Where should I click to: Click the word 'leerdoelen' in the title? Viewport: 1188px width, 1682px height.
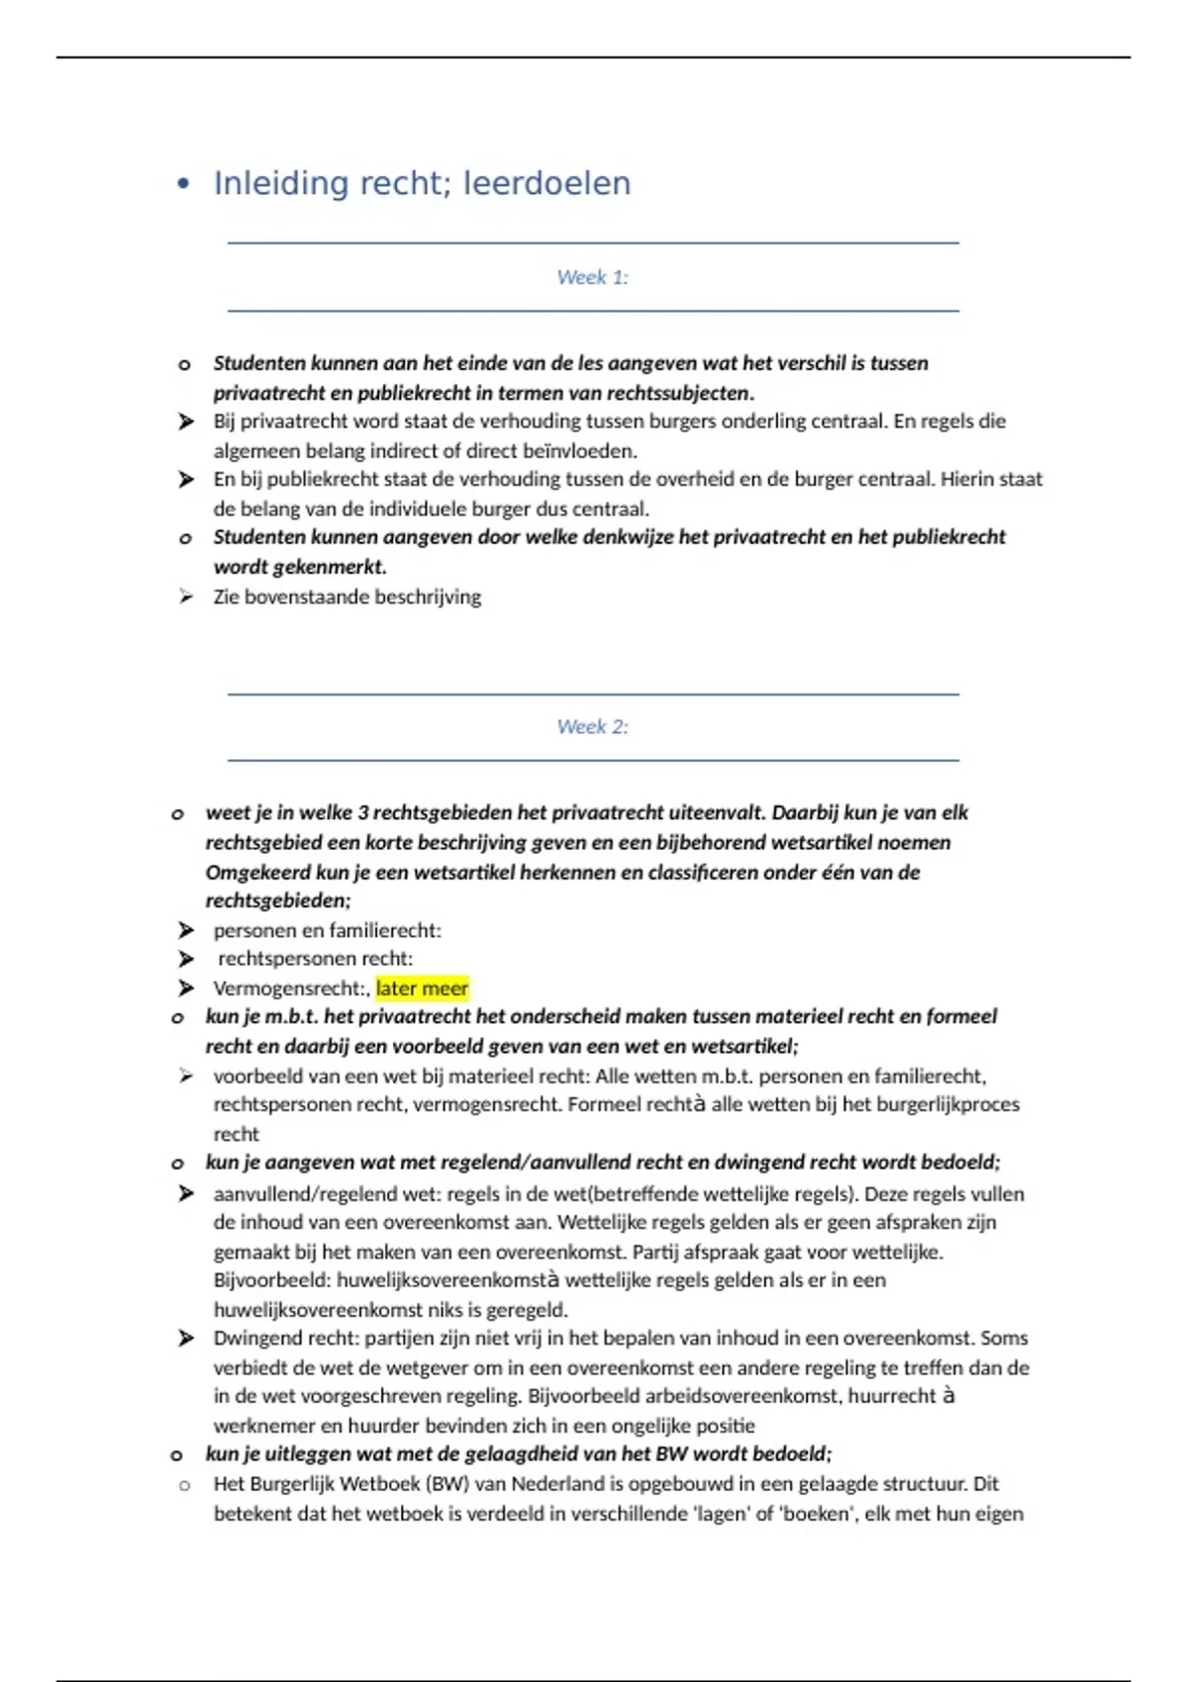[x=546, y=184]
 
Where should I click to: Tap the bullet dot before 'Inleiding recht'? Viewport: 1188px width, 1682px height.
[x=182, y=184]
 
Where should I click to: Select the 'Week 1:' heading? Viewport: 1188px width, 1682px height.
[x=592, y=277]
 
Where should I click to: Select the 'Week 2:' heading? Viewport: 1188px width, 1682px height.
[x=592, y=727]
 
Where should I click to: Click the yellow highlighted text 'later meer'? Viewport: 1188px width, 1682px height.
[x=422, y=988]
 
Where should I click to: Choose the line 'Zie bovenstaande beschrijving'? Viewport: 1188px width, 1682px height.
[x=346, y=597]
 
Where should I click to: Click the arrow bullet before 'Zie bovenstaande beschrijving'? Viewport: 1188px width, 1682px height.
[x=185, y=597]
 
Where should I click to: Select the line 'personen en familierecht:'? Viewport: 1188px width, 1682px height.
[x=327, y=930]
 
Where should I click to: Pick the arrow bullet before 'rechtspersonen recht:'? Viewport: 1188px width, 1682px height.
[x=185, y=959]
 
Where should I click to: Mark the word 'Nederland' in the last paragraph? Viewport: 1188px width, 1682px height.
[x=557, y=1484]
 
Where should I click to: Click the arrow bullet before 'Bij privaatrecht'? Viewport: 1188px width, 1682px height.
[x=185, y=421]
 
